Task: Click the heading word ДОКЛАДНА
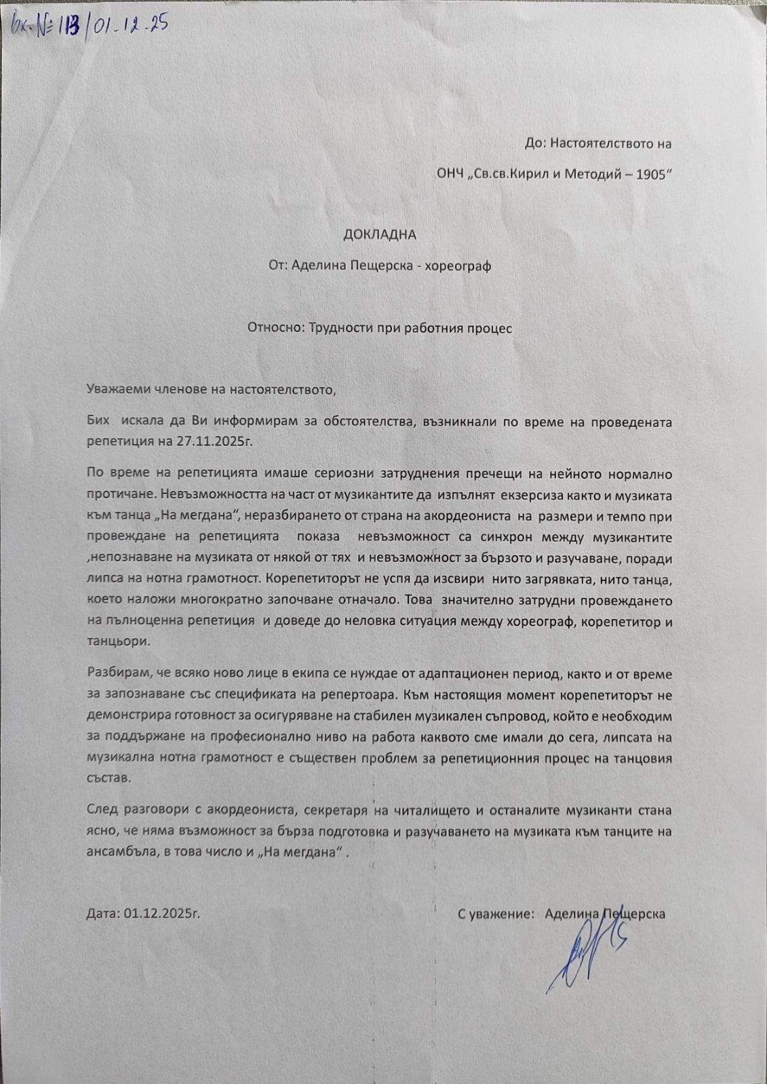point(379,235)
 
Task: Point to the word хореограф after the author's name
point(459,266)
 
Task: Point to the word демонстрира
point(125,716)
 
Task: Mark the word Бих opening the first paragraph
point(98,422)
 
